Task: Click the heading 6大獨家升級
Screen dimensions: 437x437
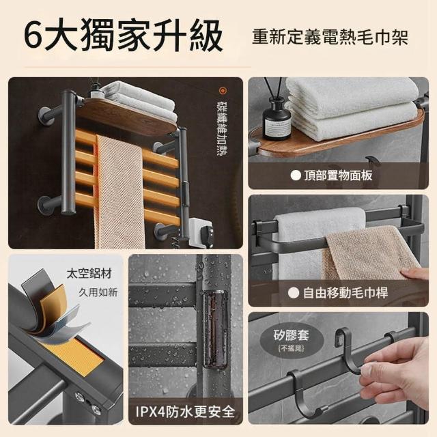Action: (123, 36)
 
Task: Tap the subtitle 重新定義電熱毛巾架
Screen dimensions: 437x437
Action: (330, 37)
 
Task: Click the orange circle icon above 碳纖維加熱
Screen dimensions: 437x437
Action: (223, 91)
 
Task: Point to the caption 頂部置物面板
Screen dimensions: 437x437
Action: (339, 175)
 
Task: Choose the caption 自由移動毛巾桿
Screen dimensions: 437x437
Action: (346, 293)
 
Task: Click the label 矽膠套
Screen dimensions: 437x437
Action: (291, 335)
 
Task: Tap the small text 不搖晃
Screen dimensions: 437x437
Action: (291, 348)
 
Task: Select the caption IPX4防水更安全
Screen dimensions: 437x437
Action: (185, 412)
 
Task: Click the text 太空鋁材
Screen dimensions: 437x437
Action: (89, 273)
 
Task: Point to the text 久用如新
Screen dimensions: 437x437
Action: (98, 293)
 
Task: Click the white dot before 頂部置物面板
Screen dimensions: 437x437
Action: (296, 175)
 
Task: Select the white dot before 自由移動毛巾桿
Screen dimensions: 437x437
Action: (294, 293)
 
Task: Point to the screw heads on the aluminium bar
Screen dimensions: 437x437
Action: (88, 402)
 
